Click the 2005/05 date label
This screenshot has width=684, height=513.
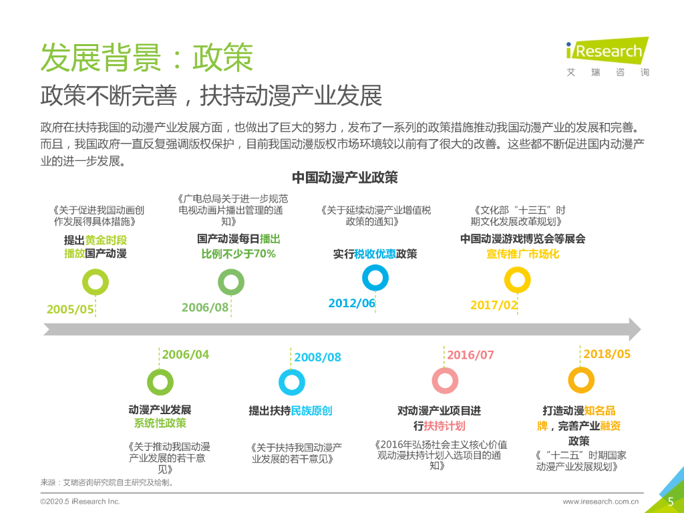click(x=70, y=309)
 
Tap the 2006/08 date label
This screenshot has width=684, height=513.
click(x=205, y=307)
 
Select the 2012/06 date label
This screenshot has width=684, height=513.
click(x=352, y=303)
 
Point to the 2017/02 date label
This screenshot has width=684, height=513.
click(x=494, y=305)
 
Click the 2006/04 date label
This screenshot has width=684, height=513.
click(x=186, y=355)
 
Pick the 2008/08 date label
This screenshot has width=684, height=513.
click(x=318, y=357)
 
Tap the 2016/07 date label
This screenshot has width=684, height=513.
click(x=470, y=355)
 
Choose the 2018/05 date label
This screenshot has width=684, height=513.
click(x=607, y=354)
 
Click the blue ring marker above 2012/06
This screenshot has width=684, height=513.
click(x=375, y=277)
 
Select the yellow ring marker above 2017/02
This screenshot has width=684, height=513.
click(x=517, y=280)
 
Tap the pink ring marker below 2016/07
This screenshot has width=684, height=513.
click(x=445, y=380)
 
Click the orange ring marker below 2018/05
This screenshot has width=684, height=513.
click(x=581, y=380)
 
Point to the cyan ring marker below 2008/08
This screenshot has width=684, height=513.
click(x=292, y=381)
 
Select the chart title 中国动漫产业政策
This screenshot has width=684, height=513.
click(x=345, y=178)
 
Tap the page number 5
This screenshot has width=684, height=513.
click(x=670, y=502)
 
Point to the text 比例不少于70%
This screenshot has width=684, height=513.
click(x=238, y=254)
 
